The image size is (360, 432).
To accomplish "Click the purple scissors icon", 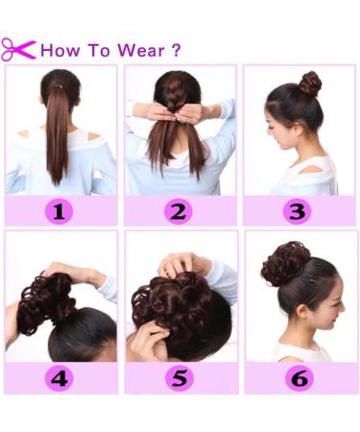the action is [17, 50].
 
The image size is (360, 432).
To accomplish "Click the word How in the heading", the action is [60, 50].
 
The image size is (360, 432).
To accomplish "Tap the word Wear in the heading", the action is [141, 50].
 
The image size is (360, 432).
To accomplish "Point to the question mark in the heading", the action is [177, 50].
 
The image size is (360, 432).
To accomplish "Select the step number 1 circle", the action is [59, 211].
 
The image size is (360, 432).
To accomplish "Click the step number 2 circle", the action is [179, 211].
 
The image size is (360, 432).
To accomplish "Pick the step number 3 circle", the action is [298, 211].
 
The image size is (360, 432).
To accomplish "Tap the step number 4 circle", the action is [60, 378].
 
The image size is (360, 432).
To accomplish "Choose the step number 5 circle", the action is [180, 378].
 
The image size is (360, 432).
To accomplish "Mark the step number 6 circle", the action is [300, 378].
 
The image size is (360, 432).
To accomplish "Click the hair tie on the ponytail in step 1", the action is [58, 86].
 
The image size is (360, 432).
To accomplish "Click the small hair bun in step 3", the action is [310, 84].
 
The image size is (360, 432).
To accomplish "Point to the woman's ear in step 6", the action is [301, 311].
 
